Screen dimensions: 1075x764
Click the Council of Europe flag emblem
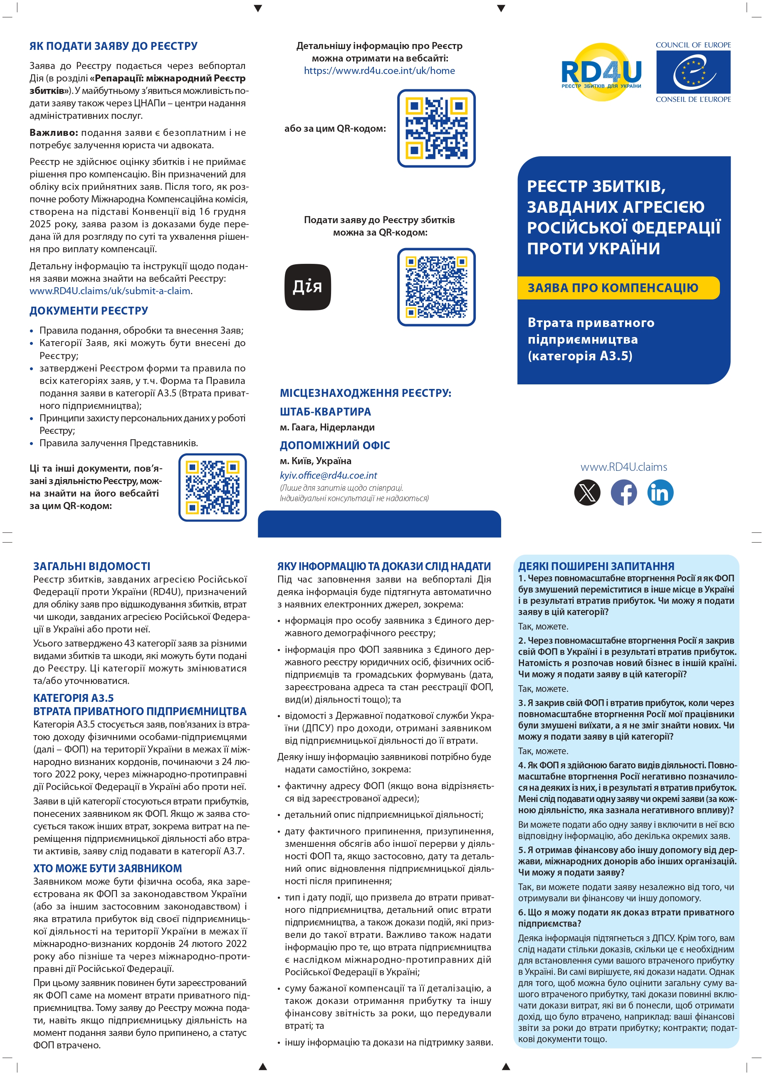[693, 72]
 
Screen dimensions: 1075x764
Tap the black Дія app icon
[308, 287]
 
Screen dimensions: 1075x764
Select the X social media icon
[587, 492]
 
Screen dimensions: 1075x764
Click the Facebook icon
[624, 492]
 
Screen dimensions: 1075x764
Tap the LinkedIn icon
[660, 492]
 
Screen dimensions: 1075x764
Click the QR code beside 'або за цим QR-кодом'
[436, 128]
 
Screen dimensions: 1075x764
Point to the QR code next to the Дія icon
[436, 287]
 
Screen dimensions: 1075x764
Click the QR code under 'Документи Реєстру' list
[212, 487]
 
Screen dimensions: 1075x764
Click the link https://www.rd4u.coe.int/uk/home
[379, 71]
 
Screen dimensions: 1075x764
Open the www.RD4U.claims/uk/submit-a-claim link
[110, 291]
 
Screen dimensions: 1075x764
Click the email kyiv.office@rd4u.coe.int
[329, 475]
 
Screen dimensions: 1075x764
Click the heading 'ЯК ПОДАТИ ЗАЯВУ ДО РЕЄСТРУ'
[114, 46]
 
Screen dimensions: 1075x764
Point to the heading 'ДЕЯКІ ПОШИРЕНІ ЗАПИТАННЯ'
[596, 566]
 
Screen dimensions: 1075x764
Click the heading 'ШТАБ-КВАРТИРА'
[325, 412]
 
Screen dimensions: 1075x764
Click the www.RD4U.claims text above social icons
[623, 467]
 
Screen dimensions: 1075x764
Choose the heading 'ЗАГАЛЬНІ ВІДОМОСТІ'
[92, 566]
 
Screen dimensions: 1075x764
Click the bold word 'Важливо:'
[54, 133]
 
